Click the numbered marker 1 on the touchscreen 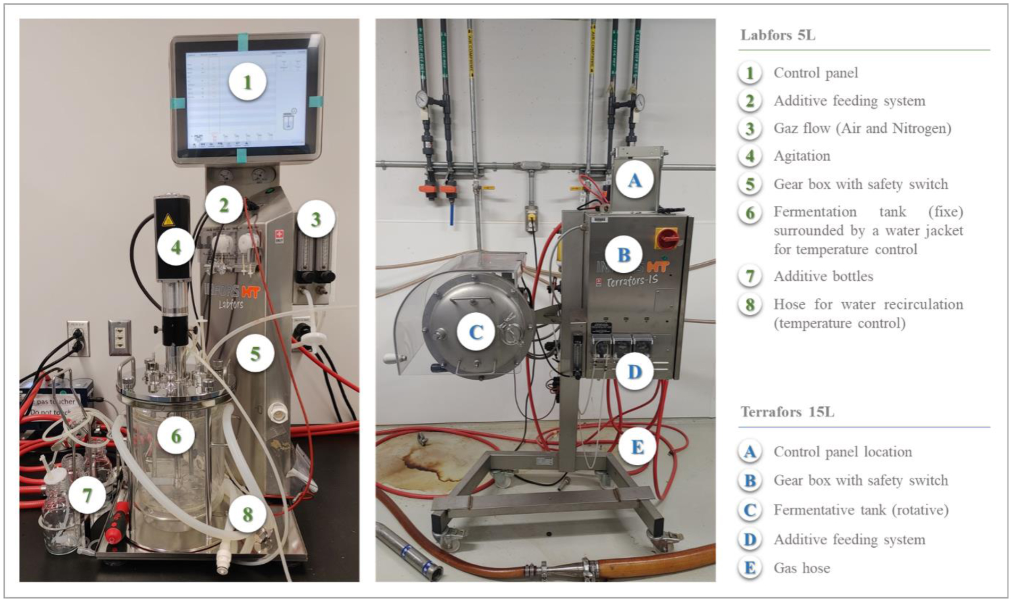point(247,82)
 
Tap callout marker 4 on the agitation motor point(176,247)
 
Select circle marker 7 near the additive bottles point(87,496)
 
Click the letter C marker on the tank point(475,332)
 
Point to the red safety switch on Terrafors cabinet point(666,238)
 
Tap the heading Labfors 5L point(777,35)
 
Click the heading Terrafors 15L point(787,412)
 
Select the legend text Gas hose point(801,568)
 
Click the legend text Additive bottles point(823,276)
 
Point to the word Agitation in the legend point(801,156)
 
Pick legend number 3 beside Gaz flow point(750,128)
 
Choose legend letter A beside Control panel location point(750,451)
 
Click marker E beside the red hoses point(637,447)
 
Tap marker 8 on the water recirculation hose point(247,514)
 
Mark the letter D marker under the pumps point(635,371)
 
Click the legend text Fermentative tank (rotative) point(860,510)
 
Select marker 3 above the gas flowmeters point(316,219)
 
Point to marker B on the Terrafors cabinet point(624,255)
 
